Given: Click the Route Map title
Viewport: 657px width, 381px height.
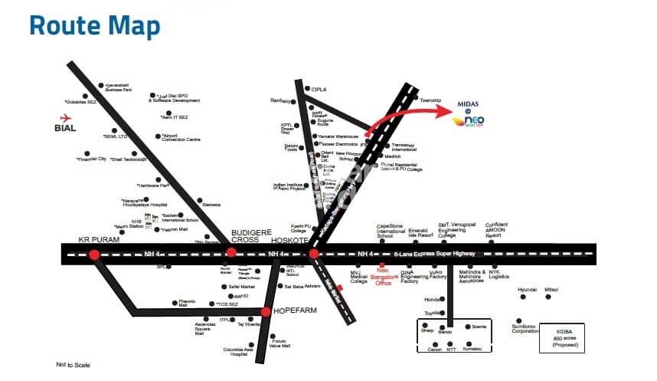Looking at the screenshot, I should (x=94, y=25).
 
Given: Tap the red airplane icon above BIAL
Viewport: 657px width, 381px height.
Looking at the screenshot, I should (x=64, y=117).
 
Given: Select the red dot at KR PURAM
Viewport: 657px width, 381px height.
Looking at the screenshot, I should (x=93, y=255).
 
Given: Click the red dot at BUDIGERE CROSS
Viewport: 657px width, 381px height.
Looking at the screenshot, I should (x=231, y=253).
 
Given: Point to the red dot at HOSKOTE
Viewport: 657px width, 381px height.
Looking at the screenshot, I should (x=313, y=253).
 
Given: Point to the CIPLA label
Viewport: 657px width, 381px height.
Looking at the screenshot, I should (x=319, y=90).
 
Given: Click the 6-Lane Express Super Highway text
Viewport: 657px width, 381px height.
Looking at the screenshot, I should (x=434, y=253).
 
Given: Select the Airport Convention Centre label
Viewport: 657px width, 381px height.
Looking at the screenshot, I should (x=181, y=138).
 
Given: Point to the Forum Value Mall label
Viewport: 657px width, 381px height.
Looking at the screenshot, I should (x=280, y=344).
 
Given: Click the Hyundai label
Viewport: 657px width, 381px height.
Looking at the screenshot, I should (x=528, y=289).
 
